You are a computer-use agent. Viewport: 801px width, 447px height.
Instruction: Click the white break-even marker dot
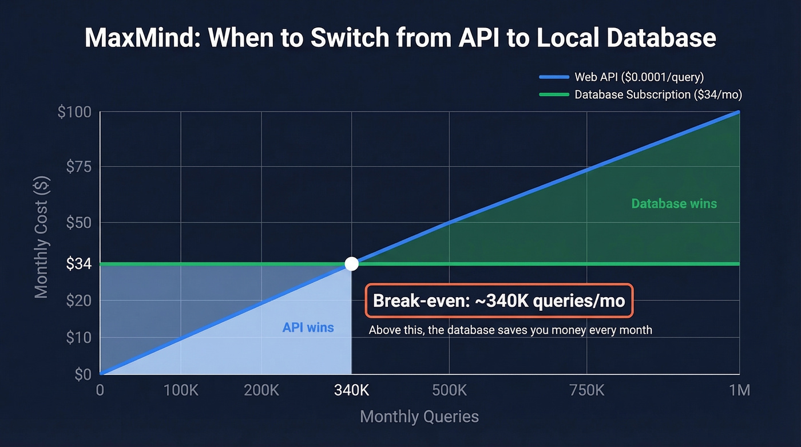(x=352, y=264)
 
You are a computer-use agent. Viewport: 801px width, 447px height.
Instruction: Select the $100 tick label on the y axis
(x=74, y=112)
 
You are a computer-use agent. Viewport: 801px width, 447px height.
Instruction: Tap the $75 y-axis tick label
(x=78, y=167)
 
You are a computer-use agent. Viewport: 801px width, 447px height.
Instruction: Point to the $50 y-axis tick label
(x=78, y=223)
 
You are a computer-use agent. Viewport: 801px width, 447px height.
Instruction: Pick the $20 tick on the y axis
(x=78, y=300)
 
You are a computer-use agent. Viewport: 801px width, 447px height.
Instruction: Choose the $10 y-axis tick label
(x=78, y=338)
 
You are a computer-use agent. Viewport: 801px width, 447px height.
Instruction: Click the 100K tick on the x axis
(x=181, y=391)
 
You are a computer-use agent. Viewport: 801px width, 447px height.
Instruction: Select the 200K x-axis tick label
(x=261, y=391)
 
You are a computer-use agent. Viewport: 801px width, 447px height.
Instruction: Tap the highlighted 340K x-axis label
(x=351, y=391)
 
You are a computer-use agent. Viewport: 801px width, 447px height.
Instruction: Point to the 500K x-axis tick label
(x=449, y=391)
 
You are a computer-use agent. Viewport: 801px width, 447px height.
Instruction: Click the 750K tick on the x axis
(x=587, y=391)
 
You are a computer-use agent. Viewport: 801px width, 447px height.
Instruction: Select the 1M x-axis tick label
(x=739, y=391)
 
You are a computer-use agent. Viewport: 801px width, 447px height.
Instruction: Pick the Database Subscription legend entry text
(x=658, y=94)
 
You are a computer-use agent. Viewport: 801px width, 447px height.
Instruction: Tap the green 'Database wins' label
(x=674, y=204)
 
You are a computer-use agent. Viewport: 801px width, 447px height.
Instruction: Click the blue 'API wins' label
(x=308, y=328)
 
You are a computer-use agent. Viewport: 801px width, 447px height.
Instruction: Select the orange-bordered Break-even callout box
(x=499, y=300)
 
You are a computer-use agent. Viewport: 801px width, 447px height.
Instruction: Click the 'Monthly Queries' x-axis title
(x=419, y=416)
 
